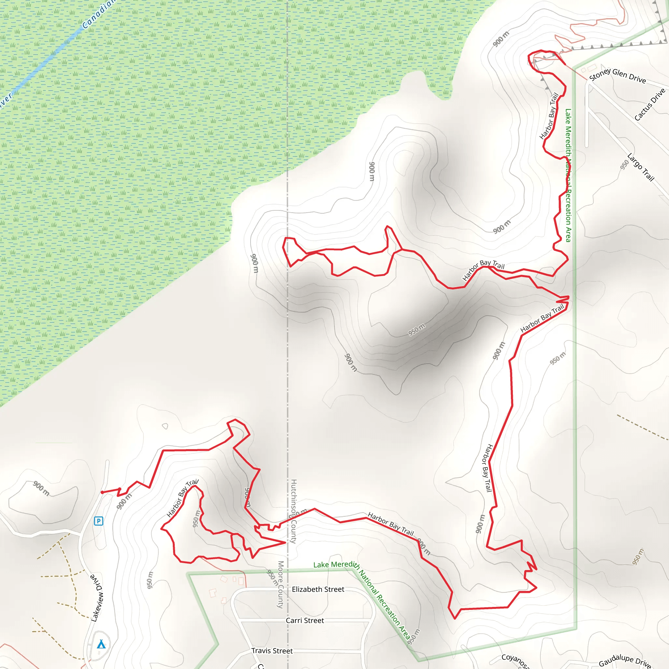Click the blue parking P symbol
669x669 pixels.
99,521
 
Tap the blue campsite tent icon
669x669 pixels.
101,644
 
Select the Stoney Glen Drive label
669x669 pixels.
617,75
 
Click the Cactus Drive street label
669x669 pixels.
650,105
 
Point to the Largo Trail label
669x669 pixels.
641,167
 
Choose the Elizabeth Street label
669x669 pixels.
318,589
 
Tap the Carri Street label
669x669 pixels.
305,621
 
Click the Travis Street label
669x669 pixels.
272,651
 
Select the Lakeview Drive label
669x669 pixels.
97,598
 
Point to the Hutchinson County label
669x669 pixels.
294,511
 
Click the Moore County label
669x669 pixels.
281,584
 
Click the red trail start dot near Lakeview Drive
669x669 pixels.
102,492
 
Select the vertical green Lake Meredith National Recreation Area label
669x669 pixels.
568,175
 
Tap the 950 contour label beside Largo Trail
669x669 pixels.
624,165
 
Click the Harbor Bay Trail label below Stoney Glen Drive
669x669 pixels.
549,116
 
